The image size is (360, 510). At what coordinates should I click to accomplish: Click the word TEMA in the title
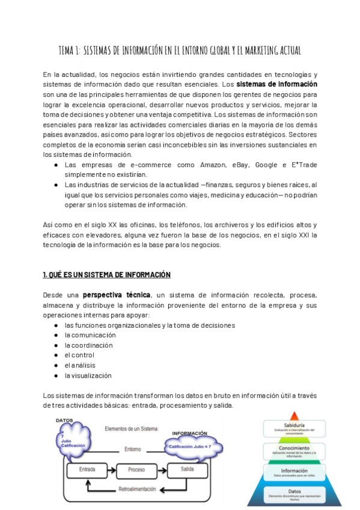coord(67,50)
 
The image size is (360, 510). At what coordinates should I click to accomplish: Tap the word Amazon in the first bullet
coord(210,165)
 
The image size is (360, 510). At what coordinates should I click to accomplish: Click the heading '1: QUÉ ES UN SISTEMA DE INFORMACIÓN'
coord(106,275)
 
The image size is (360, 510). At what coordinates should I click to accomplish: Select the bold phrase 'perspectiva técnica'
coord(118,295)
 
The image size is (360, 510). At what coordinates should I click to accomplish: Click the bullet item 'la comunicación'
coord(90,335)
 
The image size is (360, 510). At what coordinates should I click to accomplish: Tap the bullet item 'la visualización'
coord(88,375)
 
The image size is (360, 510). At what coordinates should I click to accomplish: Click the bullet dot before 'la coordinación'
coord(56,345)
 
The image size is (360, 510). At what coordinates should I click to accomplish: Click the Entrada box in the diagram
coord(81,469)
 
